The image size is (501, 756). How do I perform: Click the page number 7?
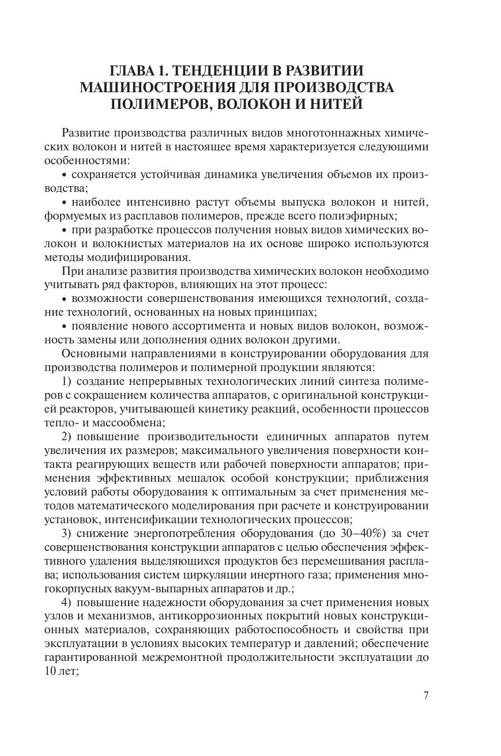(x=426, y=695)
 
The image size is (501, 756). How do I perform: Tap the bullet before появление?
(x=65, y=327)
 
